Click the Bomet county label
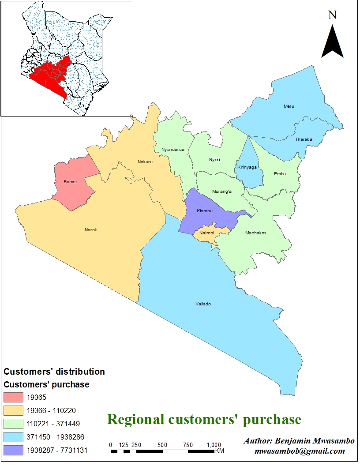(x=70, y=182)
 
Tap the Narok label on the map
(x=90, y=230)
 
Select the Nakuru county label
(x=145, y=162)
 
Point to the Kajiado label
(x=203, y=304)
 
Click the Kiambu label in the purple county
(x=205, y=211)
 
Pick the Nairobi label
(x=206, y=233)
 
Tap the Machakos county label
(x=255, y=233)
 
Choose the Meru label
(x=289, y=106)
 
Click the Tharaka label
(x=304, y=139)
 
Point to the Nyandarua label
(x=172, y=150)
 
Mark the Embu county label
(x=280, y=174)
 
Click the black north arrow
(x=332, y=42)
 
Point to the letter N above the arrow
(x=333, y=15)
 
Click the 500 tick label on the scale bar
(x=162, y=444)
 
